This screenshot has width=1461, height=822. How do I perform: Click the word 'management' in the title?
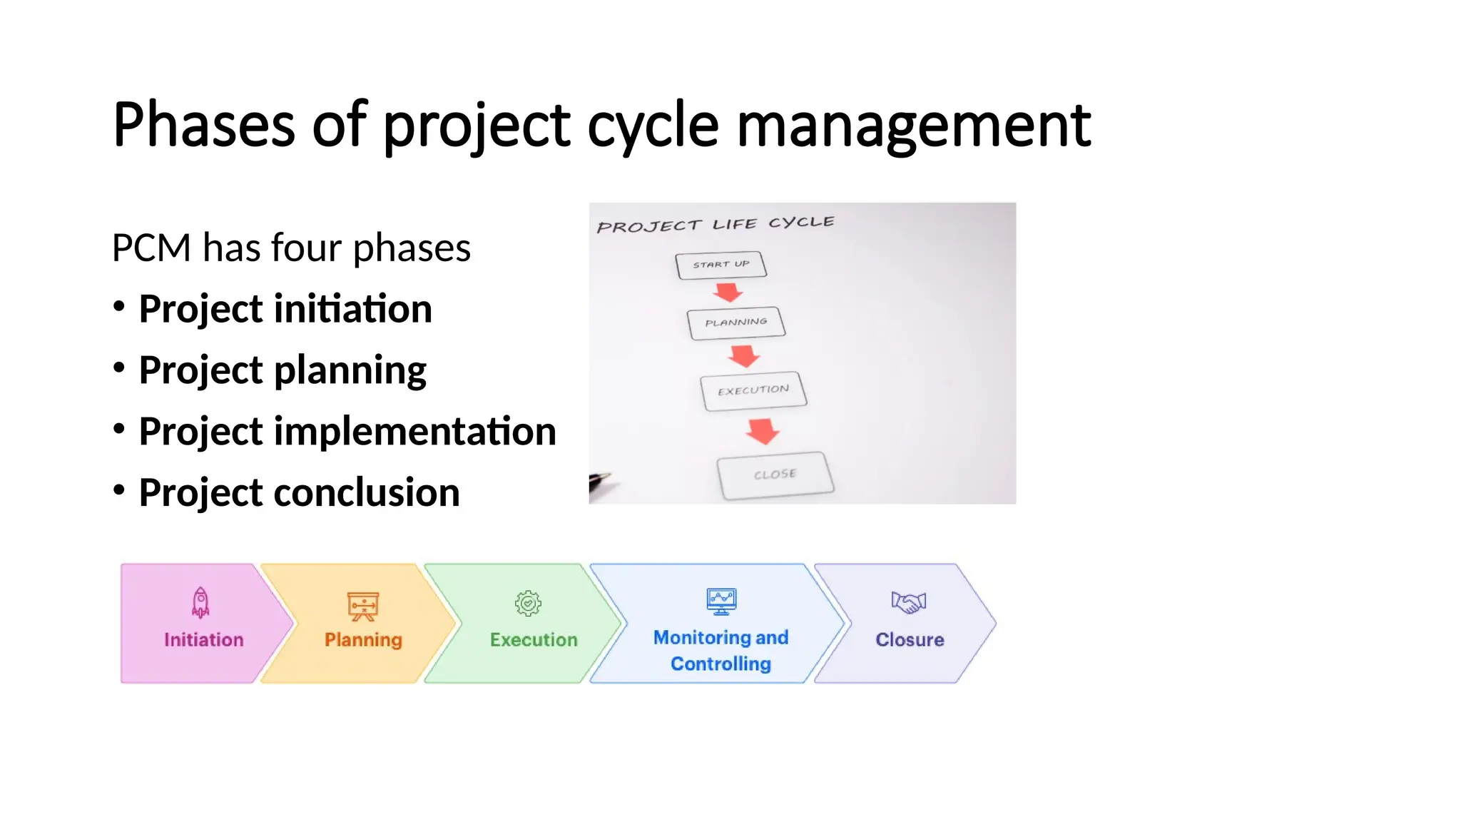pyautogui.click(x=913, y=126)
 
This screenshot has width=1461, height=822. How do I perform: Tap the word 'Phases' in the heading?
pyautogui.click(x=204, y=126)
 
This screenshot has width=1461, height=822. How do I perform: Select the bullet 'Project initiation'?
pyautogui.click(x=285, y=309)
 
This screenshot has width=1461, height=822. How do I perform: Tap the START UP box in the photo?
pyautogui.click(x=721, y=265)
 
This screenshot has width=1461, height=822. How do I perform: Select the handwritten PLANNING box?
pyautogui.click(x=735, y=323)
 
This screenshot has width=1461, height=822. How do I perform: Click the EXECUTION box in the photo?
pyautogui.click(x=753, y=390)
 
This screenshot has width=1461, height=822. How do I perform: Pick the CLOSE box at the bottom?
pyautogui.click(x=775, y=475)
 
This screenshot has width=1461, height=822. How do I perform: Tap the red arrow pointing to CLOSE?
pyautogui.click(x=763, y=431)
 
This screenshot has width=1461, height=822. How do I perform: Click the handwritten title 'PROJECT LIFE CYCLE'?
pyautogui.click(x=715, y=225)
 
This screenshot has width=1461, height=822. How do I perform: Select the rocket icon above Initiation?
pyautogui.click(x=201, y=602)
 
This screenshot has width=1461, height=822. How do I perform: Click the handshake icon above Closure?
pyautogui.click(x=908, y=602)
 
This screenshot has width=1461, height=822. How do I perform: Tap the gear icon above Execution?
pyautogui.click(x=528, y=603)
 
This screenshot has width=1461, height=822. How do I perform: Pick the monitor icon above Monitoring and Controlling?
pyautogui.click(x=721, y=602)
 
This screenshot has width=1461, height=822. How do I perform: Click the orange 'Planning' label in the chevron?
pyautogui.click(x=363, y=640)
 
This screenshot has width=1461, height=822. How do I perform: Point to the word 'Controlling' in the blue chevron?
pyautogui.click(x=721, y=664)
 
